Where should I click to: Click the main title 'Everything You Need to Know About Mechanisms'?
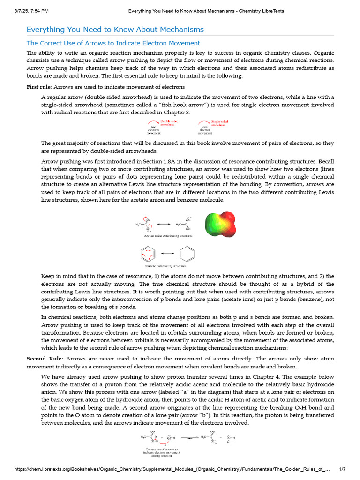click(115, 30)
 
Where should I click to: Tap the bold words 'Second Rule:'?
click(46, 359)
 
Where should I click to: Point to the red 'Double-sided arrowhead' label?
click(169, 123)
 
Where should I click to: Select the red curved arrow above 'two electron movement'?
click(153, 123)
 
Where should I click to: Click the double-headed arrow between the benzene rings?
click(165, 254)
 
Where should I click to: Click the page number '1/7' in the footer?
click(342, 469)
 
